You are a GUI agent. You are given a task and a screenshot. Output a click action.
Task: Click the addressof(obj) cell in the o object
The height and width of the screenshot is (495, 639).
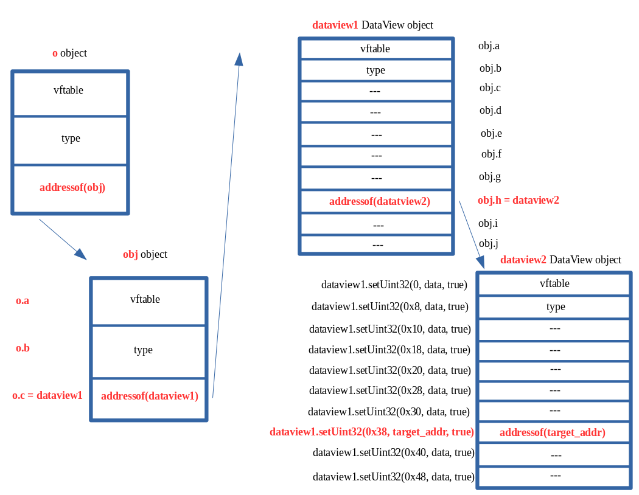click(x=72, y=188)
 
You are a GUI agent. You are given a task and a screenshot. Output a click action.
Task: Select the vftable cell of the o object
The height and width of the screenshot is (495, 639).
click(x=68, y=91)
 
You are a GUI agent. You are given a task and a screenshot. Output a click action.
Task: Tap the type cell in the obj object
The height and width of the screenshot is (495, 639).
click(x=143, y=350)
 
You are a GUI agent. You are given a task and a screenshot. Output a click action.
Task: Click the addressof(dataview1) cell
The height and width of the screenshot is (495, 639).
click(x=150, y=396)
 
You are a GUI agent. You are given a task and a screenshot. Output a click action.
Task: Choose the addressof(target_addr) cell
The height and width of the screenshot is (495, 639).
click(x=552, y=433)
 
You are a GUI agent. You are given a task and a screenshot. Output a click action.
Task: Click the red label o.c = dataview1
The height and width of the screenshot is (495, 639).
click(x=47, y=396)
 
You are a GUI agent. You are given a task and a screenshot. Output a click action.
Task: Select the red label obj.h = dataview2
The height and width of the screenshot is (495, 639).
click(x=518, y=200)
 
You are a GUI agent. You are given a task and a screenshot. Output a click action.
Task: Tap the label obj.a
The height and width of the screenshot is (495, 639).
click(x=489, y=46)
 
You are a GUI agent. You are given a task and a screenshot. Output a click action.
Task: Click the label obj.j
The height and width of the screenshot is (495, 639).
click(x=489, y=244)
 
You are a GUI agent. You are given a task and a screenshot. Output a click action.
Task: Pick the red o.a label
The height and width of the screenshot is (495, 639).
click(x=23, y=301)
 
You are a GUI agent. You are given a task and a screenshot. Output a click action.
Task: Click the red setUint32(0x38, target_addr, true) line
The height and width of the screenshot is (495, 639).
click(x=371, y=432)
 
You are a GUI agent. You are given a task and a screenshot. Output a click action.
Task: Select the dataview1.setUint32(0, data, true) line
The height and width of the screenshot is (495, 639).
click(x=394, y=285)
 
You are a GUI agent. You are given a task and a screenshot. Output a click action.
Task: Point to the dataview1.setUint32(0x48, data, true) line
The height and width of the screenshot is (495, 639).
click(x=393, y=476)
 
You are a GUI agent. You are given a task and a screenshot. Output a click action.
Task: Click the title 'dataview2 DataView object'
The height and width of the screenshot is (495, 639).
click(x=560, y=260)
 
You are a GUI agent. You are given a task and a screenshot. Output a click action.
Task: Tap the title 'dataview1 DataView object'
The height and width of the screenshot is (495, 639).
click(x=372, y=25)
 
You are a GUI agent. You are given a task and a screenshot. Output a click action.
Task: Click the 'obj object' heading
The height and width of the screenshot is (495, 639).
click(x=145, y=254)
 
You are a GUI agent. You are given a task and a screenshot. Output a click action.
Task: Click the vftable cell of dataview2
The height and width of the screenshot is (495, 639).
click(x=554, y=283)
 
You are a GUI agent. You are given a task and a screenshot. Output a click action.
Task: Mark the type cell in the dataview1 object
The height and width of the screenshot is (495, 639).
click(x=375, y=71)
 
